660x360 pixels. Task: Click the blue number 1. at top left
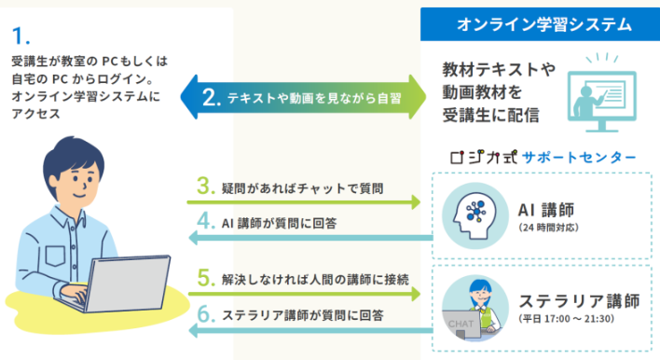point(21,35)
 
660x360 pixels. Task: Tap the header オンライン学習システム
point(544,24)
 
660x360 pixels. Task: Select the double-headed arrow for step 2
point(303,97)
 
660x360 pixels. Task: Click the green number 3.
point(206,186)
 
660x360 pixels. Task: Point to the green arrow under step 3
point(304,202)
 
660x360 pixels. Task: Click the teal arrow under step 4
point(310,238)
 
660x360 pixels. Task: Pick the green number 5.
point(206,278)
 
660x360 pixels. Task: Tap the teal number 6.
point(206,314)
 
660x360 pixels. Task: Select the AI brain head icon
point(475,215)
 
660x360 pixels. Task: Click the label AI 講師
point(546,210)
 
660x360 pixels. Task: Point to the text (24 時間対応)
point(548,228)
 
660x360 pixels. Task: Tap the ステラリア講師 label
point(579,301)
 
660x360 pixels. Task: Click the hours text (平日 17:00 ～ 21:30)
point(566,319)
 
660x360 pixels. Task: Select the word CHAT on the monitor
point(461,324)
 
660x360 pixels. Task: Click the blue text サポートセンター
point(579,158)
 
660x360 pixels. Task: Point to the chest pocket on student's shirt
point(55,256)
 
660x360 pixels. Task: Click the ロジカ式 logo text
point(484,157)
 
